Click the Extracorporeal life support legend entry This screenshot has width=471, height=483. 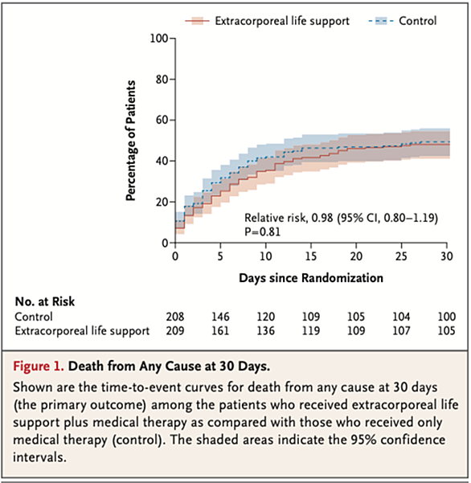tap(267, 21)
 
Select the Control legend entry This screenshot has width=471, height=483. tap(403, 21)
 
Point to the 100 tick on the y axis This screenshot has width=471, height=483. tap(159, 39)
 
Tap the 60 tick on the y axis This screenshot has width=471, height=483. tap(162, 120)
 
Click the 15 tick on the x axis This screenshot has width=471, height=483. tap(311, 256)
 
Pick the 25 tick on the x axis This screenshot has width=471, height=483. tap(401, 256)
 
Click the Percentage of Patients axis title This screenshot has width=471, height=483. tap(131, 141)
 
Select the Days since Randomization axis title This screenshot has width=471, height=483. tap(311, 278)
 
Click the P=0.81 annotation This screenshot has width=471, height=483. tap(263, 231)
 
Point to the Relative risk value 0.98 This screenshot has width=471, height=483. tap(322, 218)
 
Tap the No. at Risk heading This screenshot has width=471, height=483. tap(45, 301)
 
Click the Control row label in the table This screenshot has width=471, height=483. tap(34, 317)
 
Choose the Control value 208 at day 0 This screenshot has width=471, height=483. tap(175, 317)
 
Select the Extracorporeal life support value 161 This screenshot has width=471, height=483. tap(220, 331)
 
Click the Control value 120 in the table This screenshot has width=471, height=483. tap(265, 317)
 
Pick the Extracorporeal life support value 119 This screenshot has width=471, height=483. tap(311, 331)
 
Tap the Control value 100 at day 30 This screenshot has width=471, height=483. tap(447, 317)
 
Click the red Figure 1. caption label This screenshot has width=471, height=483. tap(39, 366)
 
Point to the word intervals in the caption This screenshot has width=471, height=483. tap(39, 457)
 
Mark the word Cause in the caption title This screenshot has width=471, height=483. tap(182, 366)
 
